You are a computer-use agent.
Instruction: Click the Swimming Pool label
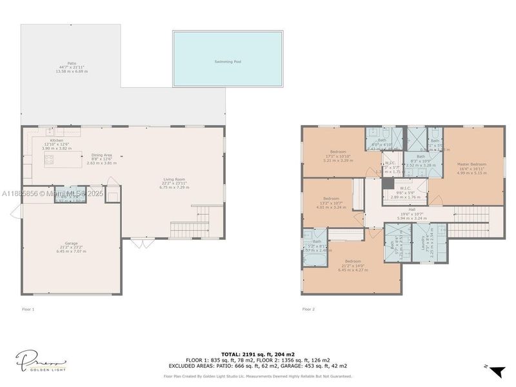coord(228,62)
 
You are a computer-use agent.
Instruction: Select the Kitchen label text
coord(57,140)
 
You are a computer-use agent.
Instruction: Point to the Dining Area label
coord(101,155)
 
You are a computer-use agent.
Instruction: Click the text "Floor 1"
coord(28,310)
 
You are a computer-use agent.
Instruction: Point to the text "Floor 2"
coord(308,310)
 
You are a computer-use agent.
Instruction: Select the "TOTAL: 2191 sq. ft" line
coord(258,354)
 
